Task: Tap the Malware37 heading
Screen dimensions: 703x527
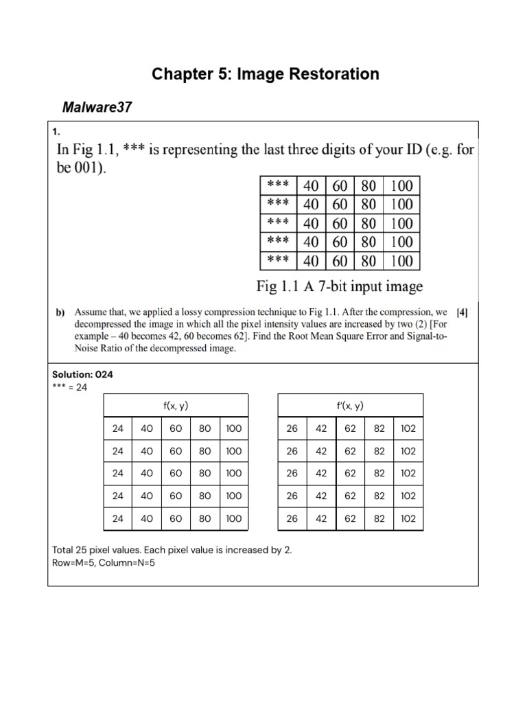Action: pos(97,107)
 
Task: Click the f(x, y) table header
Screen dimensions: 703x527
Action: pos(175,406)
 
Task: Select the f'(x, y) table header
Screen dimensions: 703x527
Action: pos(350,406)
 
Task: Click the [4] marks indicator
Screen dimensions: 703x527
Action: pos(462,312)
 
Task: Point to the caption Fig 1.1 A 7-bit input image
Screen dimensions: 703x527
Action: pos(340,286)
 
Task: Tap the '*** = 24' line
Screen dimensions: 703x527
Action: pos(69,387)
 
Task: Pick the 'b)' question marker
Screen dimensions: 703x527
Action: pos(60,313)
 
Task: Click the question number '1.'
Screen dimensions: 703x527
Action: pos(56,131)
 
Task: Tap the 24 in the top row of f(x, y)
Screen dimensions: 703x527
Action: pos(118,428)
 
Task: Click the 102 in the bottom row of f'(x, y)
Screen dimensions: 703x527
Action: pos(408,518)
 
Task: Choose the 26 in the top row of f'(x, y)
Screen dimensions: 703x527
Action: pos(292,428)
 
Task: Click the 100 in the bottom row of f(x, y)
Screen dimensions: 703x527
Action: pos(233,518)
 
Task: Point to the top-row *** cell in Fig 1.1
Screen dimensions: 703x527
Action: pos(278,186)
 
